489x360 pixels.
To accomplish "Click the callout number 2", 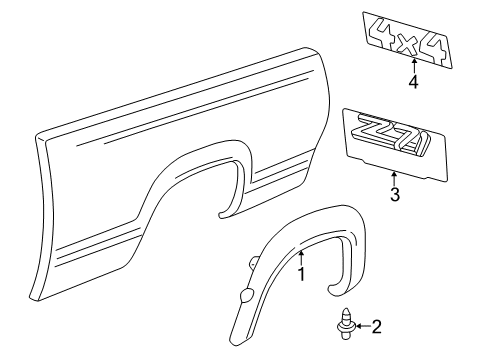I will tap(348, 325).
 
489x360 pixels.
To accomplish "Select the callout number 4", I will tap(413, 82).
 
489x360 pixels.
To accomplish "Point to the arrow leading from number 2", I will tap(333, 325).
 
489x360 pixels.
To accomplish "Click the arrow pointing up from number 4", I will tap(413, 66).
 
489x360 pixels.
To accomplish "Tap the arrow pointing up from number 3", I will tap(394, 178).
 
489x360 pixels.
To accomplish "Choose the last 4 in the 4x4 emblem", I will tap(436, 47).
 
